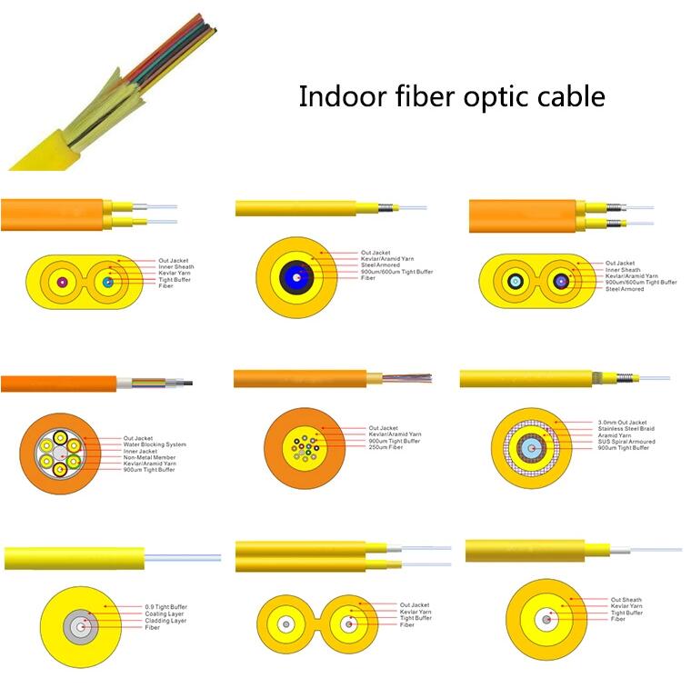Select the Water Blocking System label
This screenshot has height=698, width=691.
[x=155, y=444]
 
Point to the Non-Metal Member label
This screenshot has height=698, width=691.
[x=149, y=457]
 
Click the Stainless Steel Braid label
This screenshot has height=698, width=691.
[x=626, y=429]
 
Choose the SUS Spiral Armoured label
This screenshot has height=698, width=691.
[x=626, y=442]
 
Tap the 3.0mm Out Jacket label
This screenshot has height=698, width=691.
[x=622, y=422]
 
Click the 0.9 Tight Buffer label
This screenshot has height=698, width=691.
[x=165, y=607]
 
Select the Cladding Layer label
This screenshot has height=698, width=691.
[x=165, y=621]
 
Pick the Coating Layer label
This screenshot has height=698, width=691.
[x=164, y=613]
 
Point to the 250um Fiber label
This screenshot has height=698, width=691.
[x=386, y=447]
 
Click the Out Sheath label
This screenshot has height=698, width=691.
[x=626, y=600]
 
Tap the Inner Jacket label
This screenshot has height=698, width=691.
[x=140, y=451]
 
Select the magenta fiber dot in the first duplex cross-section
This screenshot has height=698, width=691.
[x=62, y=283]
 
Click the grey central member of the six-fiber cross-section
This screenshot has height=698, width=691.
[x=60, y=454]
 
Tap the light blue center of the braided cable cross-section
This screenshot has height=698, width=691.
[x=531, y=448]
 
